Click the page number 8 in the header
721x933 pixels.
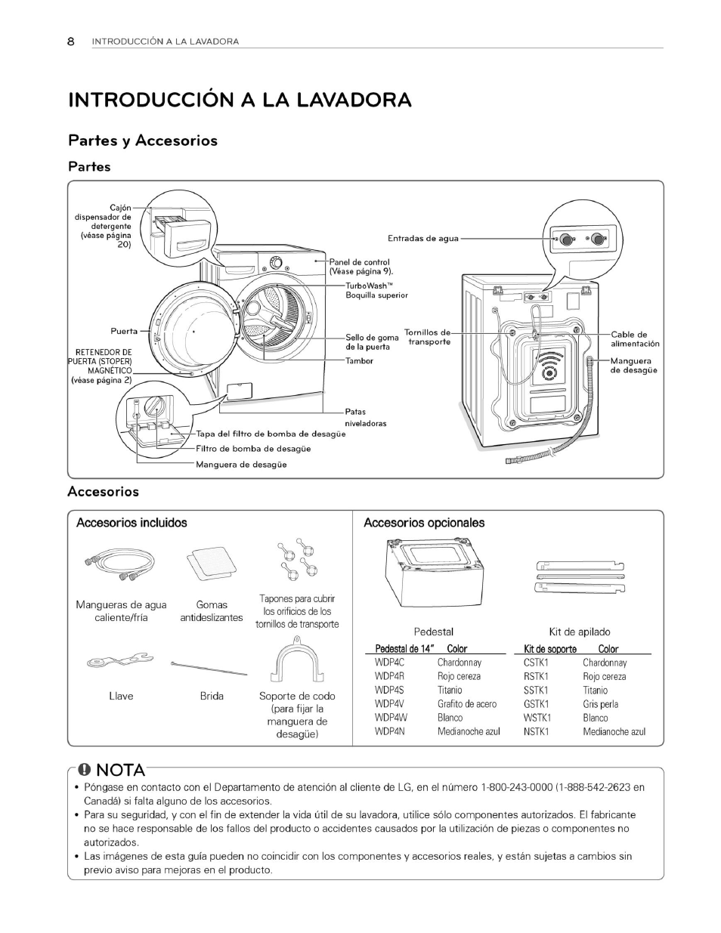[x=71, y=42]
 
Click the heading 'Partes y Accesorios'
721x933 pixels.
[x=143, y=141]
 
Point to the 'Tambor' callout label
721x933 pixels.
[x=359, y=361]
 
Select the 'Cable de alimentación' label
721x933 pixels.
[x=634, y=338]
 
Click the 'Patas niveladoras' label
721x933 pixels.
[x=365, y=418]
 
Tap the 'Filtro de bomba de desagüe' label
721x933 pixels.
[x=253, y=449]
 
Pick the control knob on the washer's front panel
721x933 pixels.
[x=276, y=262]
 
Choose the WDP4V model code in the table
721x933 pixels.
[x=390, y=704]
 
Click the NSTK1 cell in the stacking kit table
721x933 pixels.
[x=537, y=731]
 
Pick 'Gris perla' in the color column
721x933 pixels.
[x=600, y=704]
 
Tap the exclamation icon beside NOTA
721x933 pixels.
[x=85, y=770]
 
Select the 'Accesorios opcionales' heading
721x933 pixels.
[x=424, y=523]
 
